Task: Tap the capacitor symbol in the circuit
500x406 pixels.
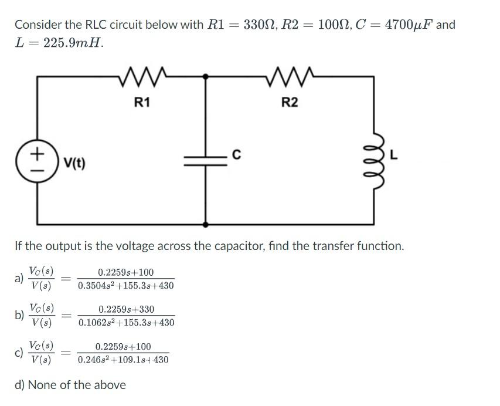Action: [x=205, y=160]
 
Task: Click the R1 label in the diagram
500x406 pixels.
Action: [x=142, y=103]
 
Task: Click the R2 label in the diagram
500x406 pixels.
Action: [x=290, y=103]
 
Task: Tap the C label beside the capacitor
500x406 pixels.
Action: [x=236, y=155]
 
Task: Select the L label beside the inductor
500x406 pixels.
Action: [x=394, y=155]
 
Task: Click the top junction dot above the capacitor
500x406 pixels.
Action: [x=205, y=76]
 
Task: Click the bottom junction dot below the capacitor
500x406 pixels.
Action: [x=205, y=224]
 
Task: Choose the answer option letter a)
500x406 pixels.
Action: [x=19, y=279]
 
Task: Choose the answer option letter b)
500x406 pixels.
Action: [x=19, y=316]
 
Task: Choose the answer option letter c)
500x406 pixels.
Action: [x=19, y=353]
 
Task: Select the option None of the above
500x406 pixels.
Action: [x=70, y=385]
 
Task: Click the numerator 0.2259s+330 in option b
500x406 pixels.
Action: [x=126, y=309]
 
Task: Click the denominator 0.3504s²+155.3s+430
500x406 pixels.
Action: [x=126, y=286]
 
